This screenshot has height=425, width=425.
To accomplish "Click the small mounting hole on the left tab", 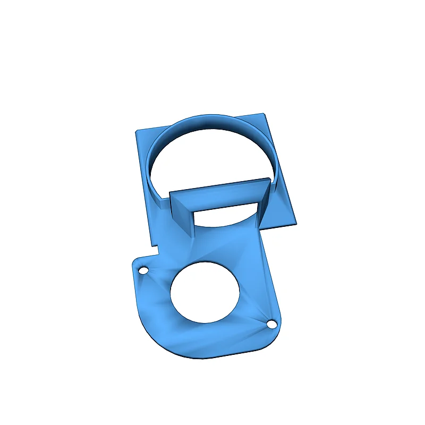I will (x=143, y=270).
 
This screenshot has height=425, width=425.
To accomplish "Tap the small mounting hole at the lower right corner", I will (x=273, y=323).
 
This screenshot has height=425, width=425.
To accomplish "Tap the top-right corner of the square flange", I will (x=263, y=114).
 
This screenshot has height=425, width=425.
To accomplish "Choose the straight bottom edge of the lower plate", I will (x=223, y=355).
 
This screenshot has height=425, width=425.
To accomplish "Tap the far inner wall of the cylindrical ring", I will (x=212, y=123).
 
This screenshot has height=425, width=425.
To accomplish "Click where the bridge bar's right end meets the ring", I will (x=269, y=183).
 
